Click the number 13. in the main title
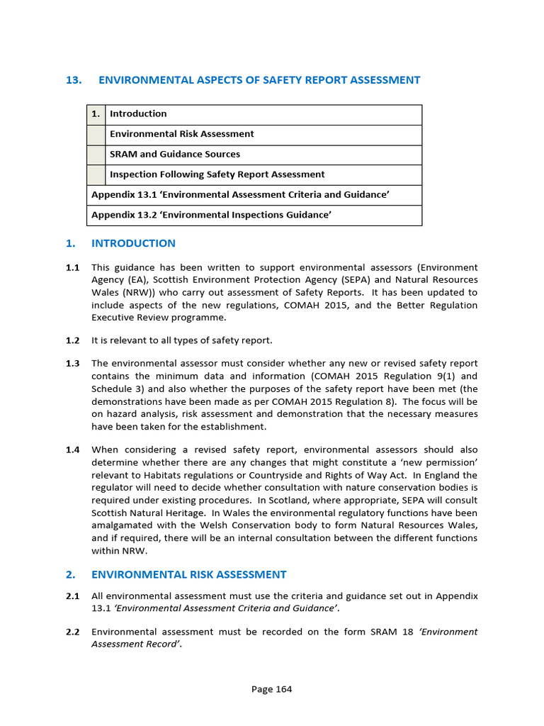click(74, 80)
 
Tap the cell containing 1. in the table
click(96, 114)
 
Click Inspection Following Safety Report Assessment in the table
click(217, 174)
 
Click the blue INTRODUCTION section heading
click(133, 243)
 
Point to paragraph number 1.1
click(72, 267)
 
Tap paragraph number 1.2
click(72, 340)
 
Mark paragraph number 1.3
click(72, 364)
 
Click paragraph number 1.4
click(72, 449)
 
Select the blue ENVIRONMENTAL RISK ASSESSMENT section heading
click(189, 575)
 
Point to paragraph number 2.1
click(72, 596)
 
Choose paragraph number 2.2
click(72, 632)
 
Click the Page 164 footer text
click(271, 689)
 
